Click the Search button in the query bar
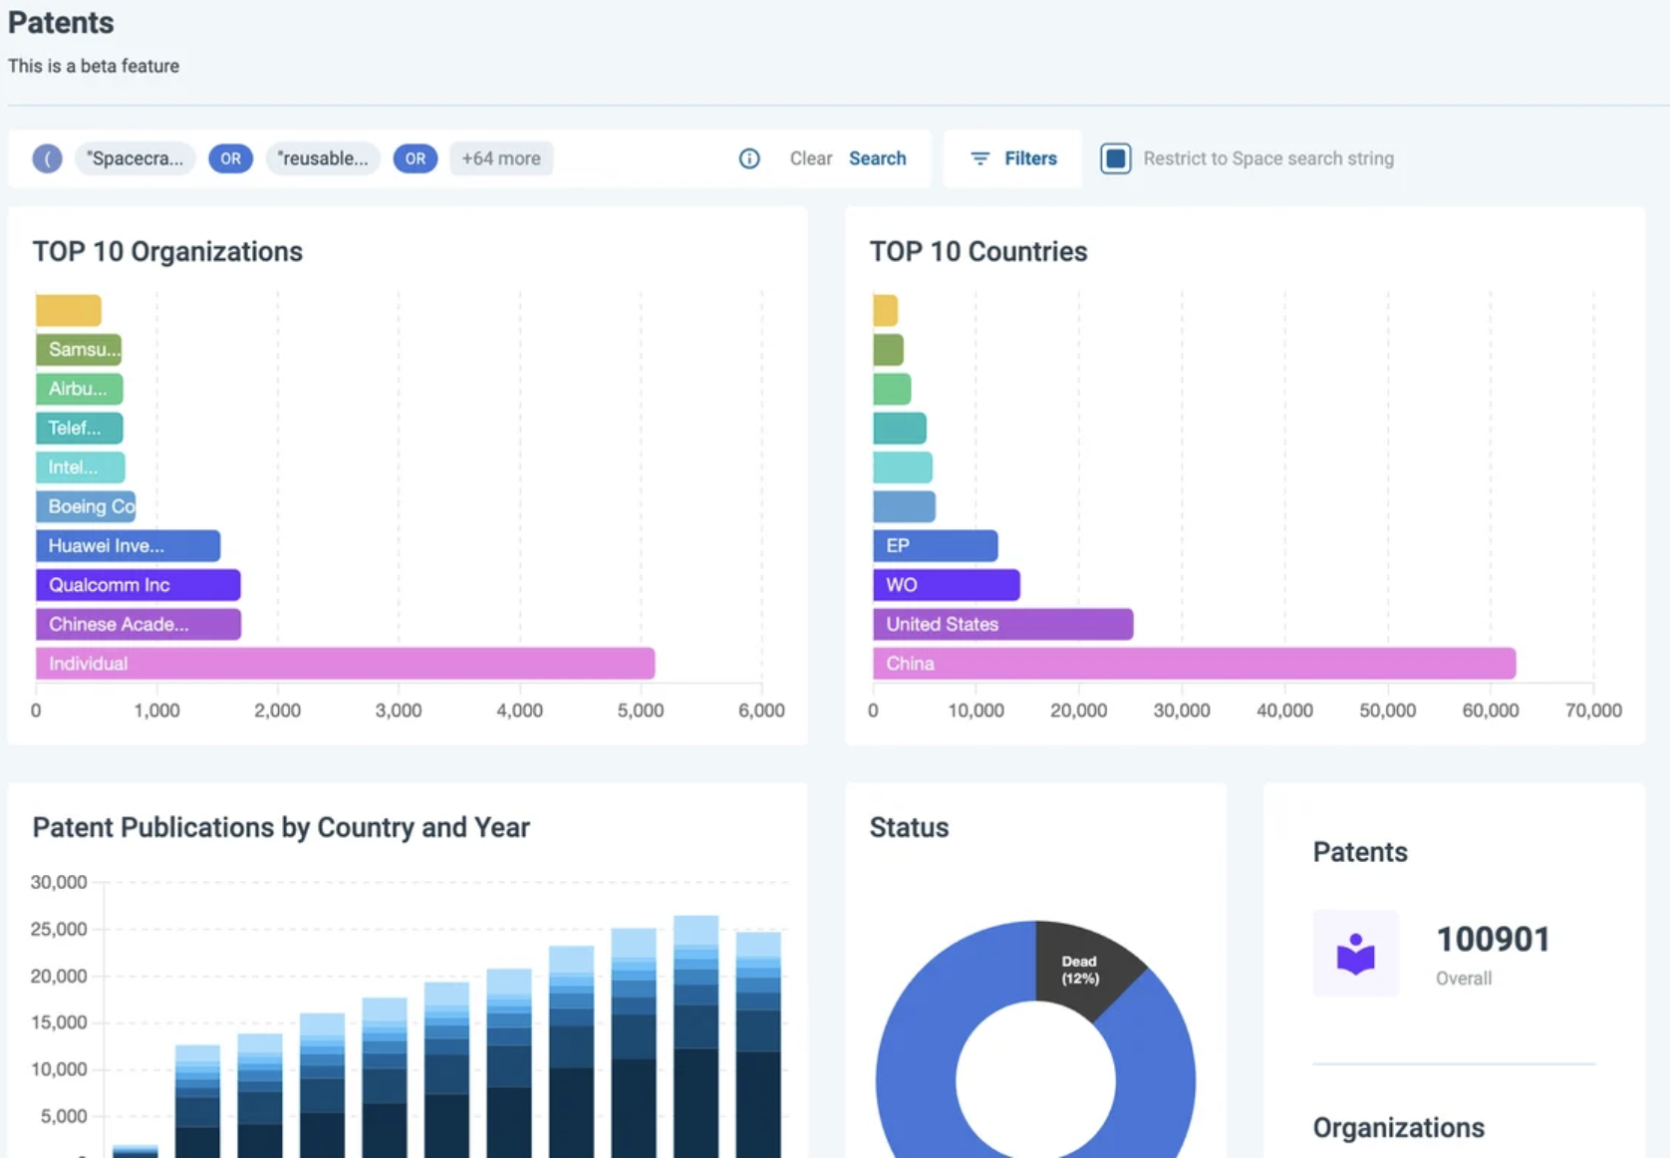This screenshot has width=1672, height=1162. tap(877, 158)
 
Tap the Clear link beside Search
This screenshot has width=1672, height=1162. tap(811, 158)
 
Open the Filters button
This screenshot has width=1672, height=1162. tap(1012, 158)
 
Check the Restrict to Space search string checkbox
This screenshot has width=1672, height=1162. tap(1115, 158)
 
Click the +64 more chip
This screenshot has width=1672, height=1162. tap(501, 158)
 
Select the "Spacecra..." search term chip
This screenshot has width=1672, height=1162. tap(135, 158)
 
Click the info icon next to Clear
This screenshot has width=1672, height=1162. tap(749, 158)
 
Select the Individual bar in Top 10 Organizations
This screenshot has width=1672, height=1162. tap(345, 664)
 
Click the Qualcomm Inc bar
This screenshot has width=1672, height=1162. tap(139, 585)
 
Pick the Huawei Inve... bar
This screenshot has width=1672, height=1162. tap(128, 545)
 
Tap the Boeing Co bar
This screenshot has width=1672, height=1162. tap(85, 506)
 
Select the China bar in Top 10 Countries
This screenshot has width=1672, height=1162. tap(1195, 664)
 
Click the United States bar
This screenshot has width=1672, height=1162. tap(1003, 624)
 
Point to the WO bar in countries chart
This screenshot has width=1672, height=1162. tap(947, 585)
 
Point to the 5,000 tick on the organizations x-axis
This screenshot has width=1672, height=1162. tap(641, 711)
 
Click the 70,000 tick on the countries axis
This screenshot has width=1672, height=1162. tap(1593, 711)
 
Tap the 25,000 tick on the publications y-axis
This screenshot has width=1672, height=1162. tap(58, 929)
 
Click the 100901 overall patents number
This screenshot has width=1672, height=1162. tap(1493, 939)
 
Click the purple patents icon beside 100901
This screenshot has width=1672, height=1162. tap(1355, 953)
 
